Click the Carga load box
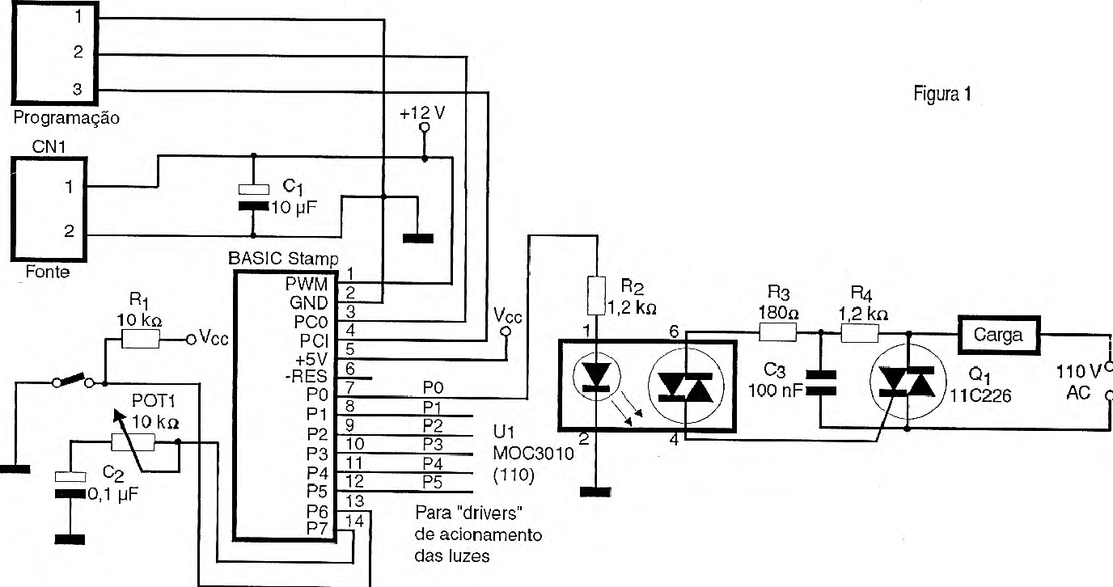click(998, 334)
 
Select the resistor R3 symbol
click(777, 332)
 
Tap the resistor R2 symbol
click(595, 295)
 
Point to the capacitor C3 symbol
click(820, 380)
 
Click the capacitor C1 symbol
click(253, 198)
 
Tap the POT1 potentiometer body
click(132, 441)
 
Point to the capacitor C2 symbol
click(70, 484)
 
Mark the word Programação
click(67, 118)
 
